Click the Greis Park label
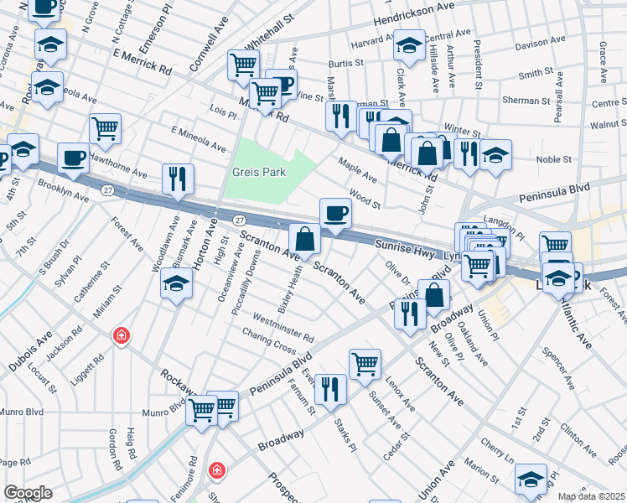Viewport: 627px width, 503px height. coord(259,172)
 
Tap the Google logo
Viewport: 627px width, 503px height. coord(28,493)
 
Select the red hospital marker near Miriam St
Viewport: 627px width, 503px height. coord(122,336)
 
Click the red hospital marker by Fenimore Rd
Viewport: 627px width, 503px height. coord(217,470)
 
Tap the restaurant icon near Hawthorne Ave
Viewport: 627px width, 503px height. coord(178,178)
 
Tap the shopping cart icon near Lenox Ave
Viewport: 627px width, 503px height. coord(365,364)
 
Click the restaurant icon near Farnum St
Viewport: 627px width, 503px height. coord(330,388)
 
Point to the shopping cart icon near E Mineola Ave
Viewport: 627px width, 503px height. coord(106,128)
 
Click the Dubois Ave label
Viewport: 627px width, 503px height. coord(26,353)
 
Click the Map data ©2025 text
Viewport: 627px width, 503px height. coord(591,496)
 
